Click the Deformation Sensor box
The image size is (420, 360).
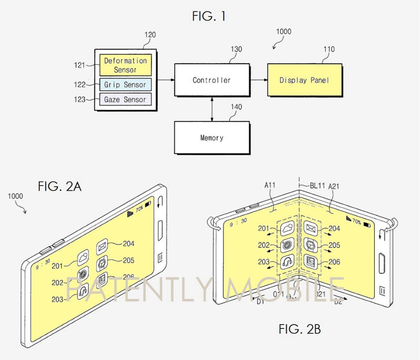[125, 65]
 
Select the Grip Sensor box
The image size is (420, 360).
[125, 84]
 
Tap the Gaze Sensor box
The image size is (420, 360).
[125, 99]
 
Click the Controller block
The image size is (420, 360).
[211, 80]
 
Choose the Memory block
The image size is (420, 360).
[211, 138]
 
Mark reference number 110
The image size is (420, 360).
[329, 49]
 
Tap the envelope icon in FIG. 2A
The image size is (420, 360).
[102, 245]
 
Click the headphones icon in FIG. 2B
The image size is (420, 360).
[287, 261]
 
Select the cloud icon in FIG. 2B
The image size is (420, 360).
[287, 228]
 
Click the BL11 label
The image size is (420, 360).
[315, 185]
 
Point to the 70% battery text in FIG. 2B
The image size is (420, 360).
[356, 221]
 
